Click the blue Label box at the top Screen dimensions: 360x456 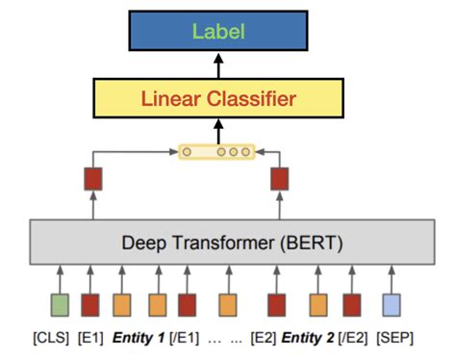(x=217, y=31)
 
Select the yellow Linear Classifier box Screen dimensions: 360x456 (x=217, y=98)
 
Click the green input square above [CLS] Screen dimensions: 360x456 (x=61, y=305)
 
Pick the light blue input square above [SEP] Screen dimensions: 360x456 (x=392, y=305)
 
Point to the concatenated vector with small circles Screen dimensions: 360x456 (x=217, y=151)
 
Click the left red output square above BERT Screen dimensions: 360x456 (x=93, y=178)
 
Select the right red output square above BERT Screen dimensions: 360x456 (x=279, y=178)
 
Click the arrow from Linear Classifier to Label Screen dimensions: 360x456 (x=217, y=65)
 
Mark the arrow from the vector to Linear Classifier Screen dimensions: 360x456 (x=217, y=131)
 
